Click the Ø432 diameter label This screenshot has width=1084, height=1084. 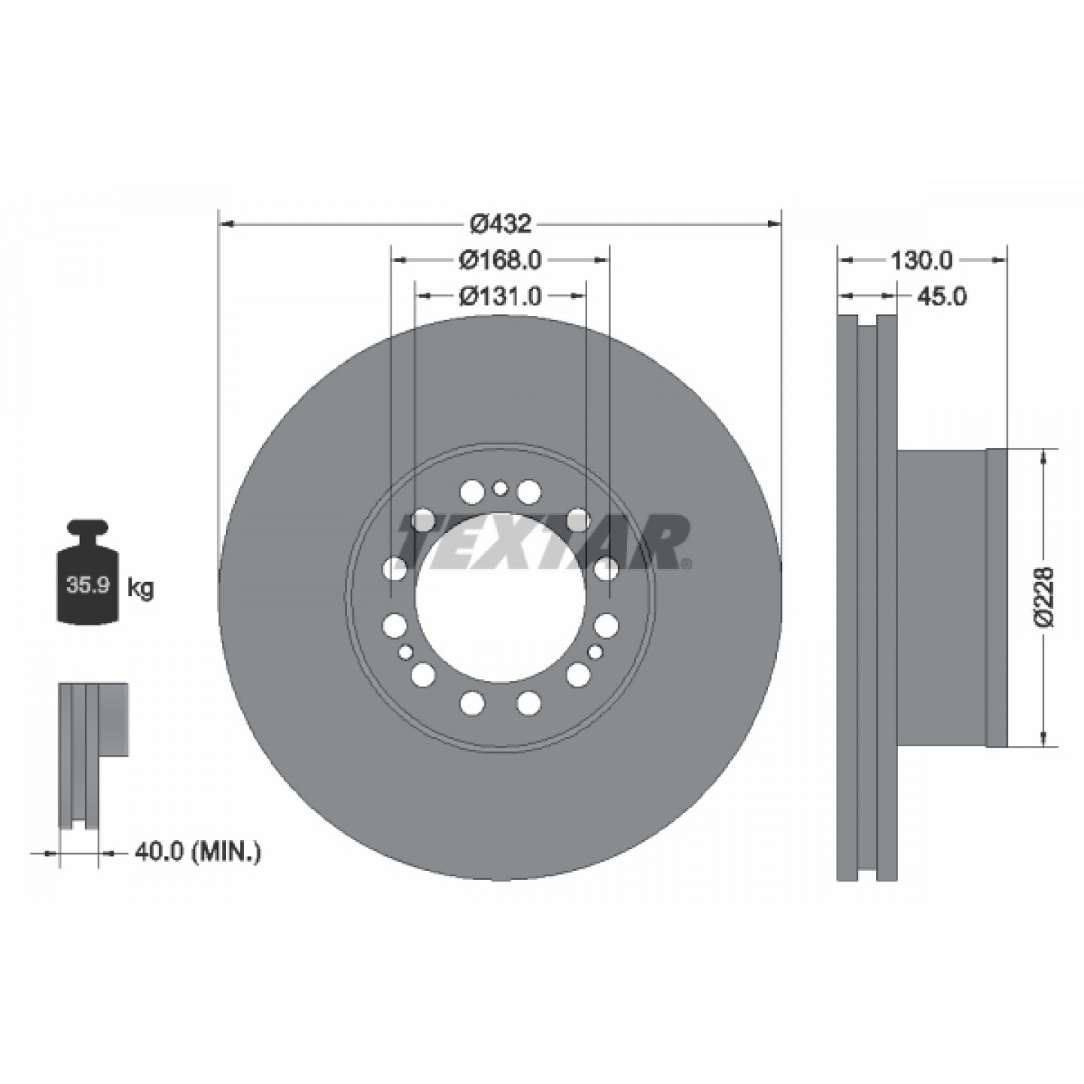pos(500,224)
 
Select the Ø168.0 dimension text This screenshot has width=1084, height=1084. pos(500,260)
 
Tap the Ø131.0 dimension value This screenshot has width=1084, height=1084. pos(500,295)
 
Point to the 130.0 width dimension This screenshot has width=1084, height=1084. pos(921,260)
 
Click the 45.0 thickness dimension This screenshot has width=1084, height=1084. pos(942,296)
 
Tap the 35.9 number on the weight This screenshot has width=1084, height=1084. pos(88,586)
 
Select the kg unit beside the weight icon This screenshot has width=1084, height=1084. pos(140,589)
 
